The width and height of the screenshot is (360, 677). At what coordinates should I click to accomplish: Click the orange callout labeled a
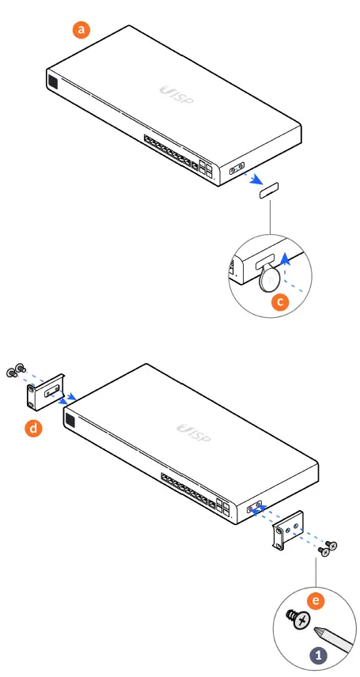pos(81,30)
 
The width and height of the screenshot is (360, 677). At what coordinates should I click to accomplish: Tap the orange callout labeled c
pos(278,301)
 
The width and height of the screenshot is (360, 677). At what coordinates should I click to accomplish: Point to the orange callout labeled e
pos(317,602)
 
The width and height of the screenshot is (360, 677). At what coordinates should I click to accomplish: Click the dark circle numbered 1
pos(317,656)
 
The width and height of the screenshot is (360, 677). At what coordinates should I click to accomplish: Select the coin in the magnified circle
pos(270,278)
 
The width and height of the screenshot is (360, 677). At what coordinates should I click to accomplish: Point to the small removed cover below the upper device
pos(269,190)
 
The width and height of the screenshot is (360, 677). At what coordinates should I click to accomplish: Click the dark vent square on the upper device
pos(52,83)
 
